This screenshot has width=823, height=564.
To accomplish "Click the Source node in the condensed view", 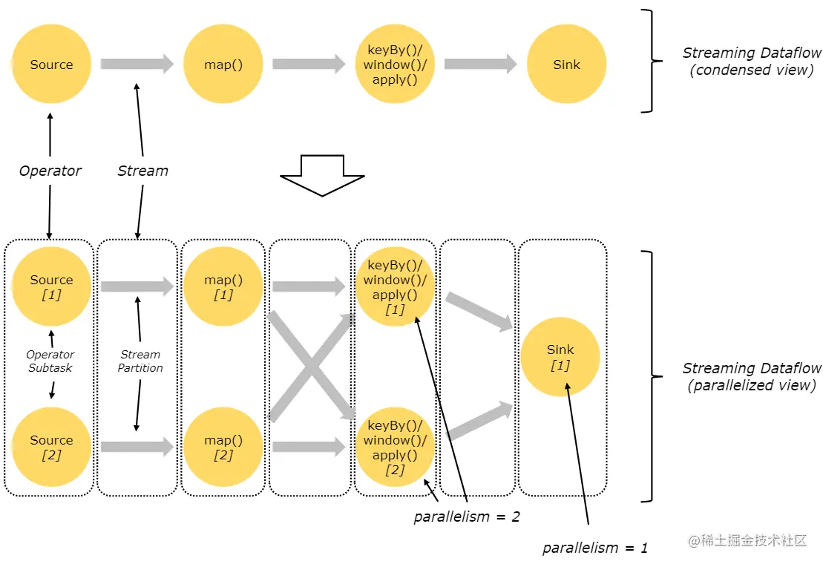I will pyautogui.click(x=51, y=65).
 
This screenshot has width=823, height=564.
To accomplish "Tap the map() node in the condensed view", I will pyautogui.click(x=223, y=65).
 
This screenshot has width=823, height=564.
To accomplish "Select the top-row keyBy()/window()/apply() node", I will pyautogui.click(x=395, y=65).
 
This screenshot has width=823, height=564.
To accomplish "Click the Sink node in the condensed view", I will pyautogui.click(x=566, y=65).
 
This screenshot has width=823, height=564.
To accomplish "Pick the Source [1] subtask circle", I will pyautogui.click(x=51, y=287).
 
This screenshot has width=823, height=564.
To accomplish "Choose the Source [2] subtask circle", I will pyautogui.click(x=51, y=447).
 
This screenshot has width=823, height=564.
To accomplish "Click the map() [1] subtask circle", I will pyautogui.click(x=223, y=287).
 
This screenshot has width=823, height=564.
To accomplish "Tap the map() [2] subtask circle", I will pyautogui.click(x=223, y=447).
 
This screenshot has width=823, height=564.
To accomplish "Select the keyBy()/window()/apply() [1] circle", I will pyautogui.click(x=395, y=287).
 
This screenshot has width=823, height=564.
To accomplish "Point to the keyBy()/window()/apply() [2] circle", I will pyautogui.click(x=395, y=447).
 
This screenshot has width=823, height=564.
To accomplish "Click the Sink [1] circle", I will pyautogui.click(x=560, y=357).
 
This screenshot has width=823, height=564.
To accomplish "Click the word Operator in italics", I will pyautogui.click(x=50, y=171).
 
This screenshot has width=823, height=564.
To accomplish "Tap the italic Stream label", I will pyautogui.click(x=142, y=171).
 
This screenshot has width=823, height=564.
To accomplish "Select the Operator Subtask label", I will pyautogui.click(x=51, y=361).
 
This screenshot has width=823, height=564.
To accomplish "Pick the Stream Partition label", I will pyautogui.click(x=140, y=361).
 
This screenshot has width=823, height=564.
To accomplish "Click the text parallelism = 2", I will pyautogui.click(x=467, y=517).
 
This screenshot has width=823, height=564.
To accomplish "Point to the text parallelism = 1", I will pyautogui.click(x=595, y=548).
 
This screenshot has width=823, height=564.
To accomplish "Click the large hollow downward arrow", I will pyautogui.click(x=322, y=175).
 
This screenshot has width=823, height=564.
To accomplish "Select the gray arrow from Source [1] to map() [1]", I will pyautogui.click(x=137, y=286).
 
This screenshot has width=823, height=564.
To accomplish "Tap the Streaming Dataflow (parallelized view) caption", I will pyautogui.click(x=752, y=377).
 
